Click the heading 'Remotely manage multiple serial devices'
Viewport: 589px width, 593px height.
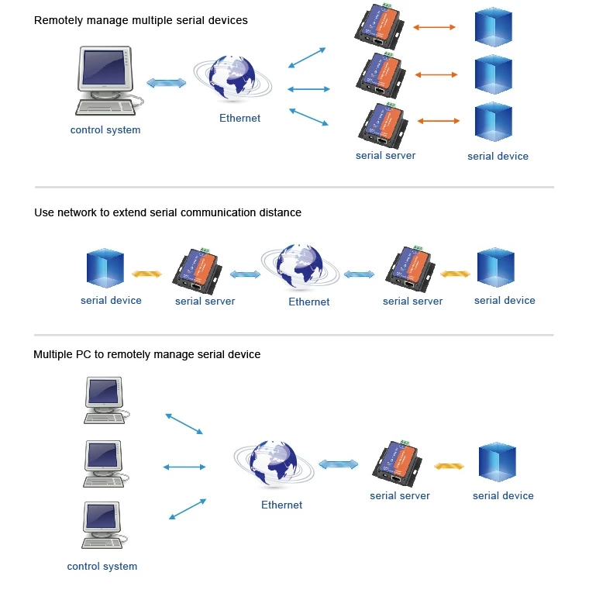(141, 20)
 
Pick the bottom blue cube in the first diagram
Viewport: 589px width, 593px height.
(494, 123)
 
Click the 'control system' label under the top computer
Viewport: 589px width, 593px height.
(105, 130)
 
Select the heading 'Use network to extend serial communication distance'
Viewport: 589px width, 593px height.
(167, 212)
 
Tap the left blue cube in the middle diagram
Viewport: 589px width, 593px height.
(106, 269)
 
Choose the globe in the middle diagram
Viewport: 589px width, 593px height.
(300, 268)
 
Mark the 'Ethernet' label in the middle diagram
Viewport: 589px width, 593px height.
(309, 302)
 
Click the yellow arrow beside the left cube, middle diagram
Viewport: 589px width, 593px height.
(146, 274)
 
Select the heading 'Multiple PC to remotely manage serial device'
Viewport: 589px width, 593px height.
(147, 355)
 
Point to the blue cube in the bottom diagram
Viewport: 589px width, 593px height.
(497, 463)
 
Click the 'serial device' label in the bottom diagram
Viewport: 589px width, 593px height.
(503, 496)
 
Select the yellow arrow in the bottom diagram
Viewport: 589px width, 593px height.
(449, 467)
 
